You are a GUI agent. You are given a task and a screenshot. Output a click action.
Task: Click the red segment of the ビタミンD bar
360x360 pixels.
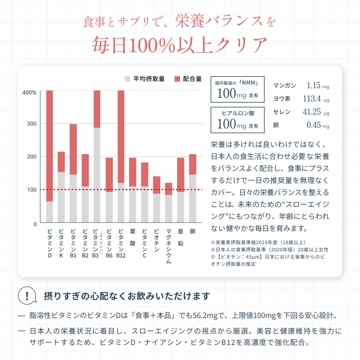pyautogui.click(x=50, y=146)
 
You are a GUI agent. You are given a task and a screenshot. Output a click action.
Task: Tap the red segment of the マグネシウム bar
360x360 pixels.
pyautogui.click(x=169, y=189)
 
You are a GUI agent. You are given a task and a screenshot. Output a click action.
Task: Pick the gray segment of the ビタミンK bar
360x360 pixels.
pyautogui.click(x=61, y=197)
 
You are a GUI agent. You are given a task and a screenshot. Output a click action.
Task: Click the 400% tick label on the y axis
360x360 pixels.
pyautogui.click(x=29, y=93)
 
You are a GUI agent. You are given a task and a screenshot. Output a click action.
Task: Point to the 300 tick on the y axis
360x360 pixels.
pyautogui.click(x=32, y=124)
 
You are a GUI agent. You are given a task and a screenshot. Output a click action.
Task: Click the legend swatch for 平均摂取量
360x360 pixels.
pyautogui.click(x=127, y=79)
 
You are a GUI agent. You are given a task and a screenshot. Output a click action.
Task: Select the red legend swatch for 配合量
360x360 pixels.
pyautogui.click(x=177, y=79)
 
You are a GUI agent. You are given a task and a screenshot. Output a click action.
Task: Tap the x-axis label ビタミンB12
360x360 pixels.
pyautogui.click(x=121, y=243)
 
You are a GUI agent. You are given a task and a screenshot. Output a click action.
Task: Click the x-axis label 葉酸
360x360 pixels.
pyautogui.click(x=133, y=237)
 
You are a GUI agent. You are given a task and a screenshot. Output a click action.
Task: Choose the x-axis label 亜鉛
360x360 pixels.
pyautogui.click(x=181, y=237)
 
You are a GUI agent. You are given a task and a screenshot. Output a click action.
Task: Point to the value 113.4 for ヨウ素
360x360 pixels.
pyautogui.click(x=312, y=99)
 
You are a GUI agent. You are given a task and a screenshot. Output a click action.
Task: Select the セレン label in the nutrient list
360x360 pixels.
pyautogui.click(x=282, y=112)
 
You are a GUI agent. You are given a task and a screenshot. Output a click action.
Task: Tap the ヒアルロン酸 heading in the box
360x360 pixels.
pyautogui.click(x=238, y=113)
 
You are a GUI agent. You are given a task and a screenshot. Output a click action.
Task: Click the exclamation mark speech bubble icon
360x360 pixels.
pyautogui.click(x=27, y=296)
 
